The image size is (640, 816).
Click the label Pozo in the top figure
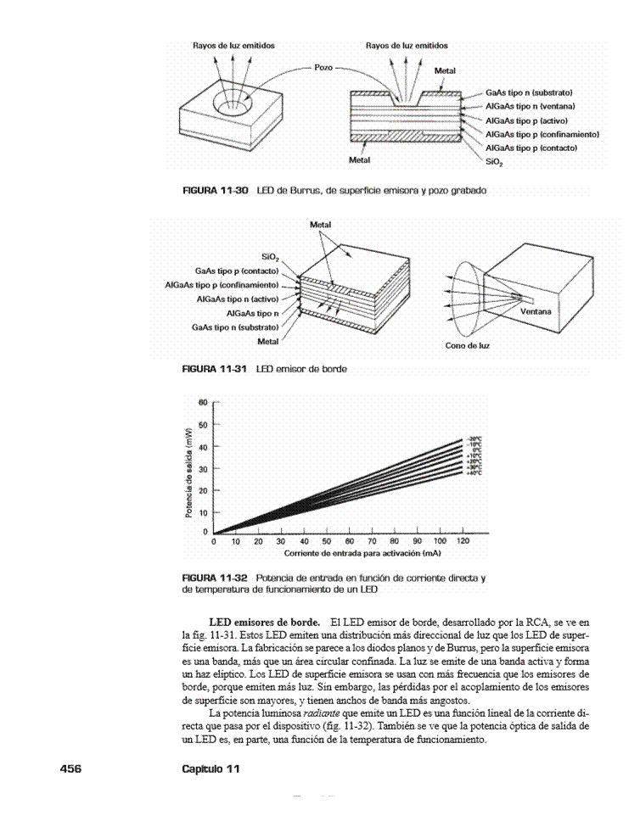pyautogui.click(x=323, y=65)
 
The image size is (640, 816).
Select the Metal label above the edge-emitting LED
pyautogui.click(x=320, y=225)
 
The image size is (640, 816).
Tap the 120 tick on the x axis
pyautogui.click(x=463, y=540)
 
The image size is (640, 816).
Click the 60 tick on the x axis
pyautogui.click(x=326, y=540)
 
